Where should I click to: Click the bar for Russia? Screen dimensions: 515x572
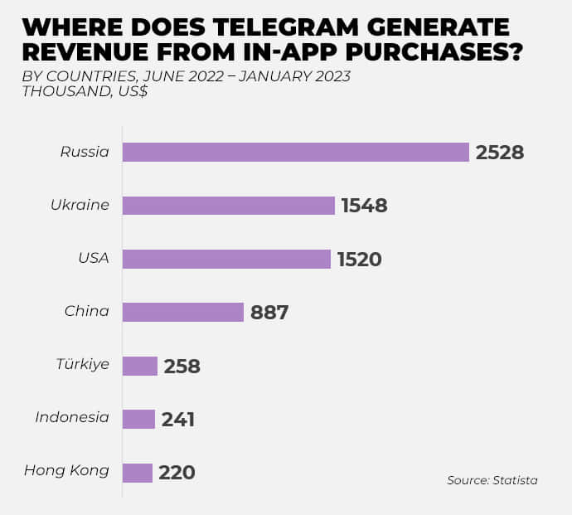pos(296,153)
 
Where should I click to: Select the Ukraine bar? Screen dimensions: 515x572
pos(229,206)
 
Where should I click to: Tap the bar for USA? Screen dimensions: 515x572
pos(226,259)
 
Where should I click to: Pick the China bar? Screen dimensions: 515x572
pos(183,312)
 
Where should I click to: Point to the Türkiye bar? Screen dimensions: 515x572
pos(140,366)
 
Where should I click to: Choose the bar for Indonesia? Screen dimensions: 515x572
pos(138,419)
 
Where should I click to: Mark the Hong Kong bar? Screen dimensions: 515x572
pos(138,473)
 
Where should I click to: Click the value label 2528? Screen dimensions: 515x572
pos(500,153)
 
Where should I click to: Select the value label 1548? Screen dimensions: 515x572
pos(365,206)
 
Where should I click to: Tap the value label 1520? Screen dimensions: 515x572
pos(360,260)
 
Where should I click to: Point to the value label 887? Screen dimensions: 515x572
pos(269,313)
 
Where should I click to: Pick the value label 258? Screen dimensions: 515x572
pos(182,367)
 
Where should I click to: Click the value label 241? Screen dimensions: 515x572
pos(178,420)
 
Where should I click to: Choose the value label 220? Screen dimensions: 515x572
pos(177,474)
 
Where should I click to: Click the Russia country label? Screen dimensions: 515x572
pos(85,152)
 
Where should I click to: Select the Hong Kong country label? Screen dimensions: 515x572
pos(66,470)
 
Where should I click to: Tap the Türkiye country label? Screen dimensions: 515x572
pos(83,364)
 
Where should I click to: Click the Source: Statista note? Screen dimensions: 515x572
pos(492,480)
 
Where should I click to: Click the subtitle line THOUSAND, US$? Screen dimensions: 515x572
pos(85,92)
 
